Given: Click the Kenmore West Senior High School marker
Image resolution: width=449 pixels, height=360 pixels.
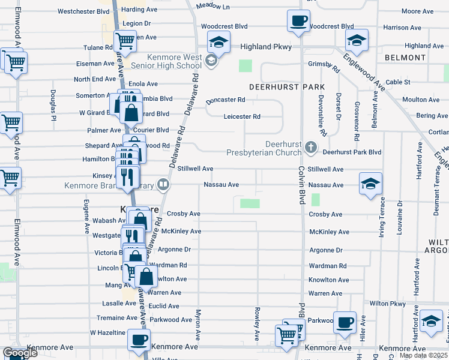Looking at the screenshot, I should (211, 61).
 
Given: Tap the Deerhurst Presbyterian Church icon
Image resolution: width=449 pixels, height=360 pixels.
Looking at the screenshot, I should (310, 146).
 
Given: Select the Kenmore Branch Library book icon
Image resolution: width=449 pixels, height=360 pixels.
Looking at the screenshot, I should (162, 184).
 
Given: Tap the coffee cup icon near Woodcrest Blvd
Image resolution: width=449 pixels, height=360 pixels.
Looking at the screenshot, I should (298, 22).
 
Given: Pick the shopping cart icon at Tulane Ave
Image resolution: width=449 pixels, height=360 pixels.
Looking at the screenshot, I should (125, 41).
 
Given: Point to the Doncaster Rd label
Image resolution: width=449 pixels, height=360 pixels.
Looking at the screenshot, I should (226, 100).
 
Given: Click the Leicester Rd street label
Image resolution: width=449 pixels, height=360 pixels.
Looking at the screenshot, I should (242, 116).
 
